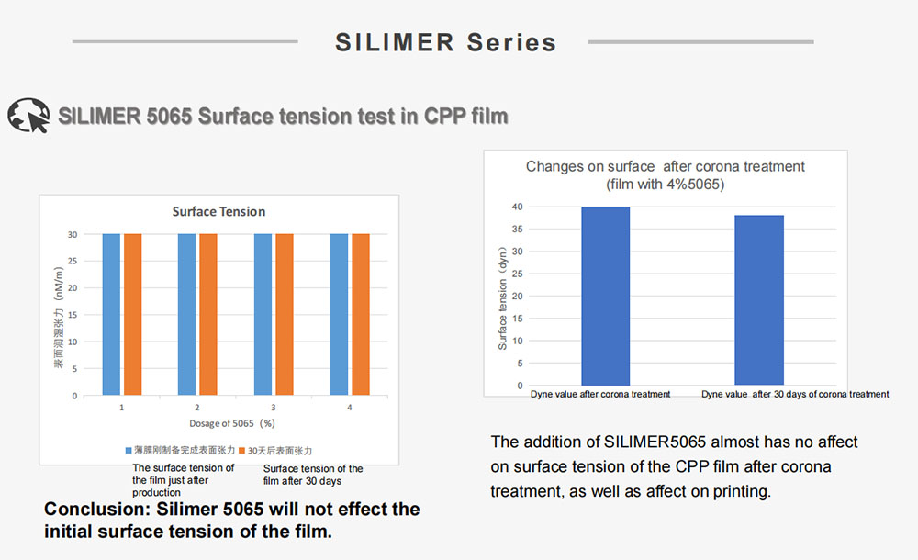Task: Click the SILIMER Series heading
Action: tap(445, 42)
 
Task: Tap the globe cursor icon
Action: tap(28, 117)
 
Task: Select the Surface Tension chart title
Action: tap(218, 212)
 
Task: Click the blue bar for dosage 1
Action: tap(111, 314)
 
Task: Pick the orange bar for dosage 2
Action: tap(208, 314)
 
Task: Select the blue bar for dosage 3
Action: tap(263, 314)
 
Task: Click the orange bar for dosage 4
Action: tap(360, 314)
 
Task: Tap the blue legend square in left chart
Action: tap(129, 451)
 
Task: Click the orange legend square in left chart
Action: tap(242, 451)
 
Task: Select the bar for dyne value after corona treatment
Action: tap(605, 296)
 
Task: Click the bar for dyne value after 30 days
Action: tap(759, 300)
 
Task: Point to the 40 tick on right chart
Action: tap(518, 207)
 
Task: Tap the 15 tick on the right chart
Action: tap(518, 319)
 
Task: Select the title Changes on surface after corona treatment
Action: tap(665, 167)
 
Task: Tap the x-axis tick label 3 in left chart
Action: tap(273, 406)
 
